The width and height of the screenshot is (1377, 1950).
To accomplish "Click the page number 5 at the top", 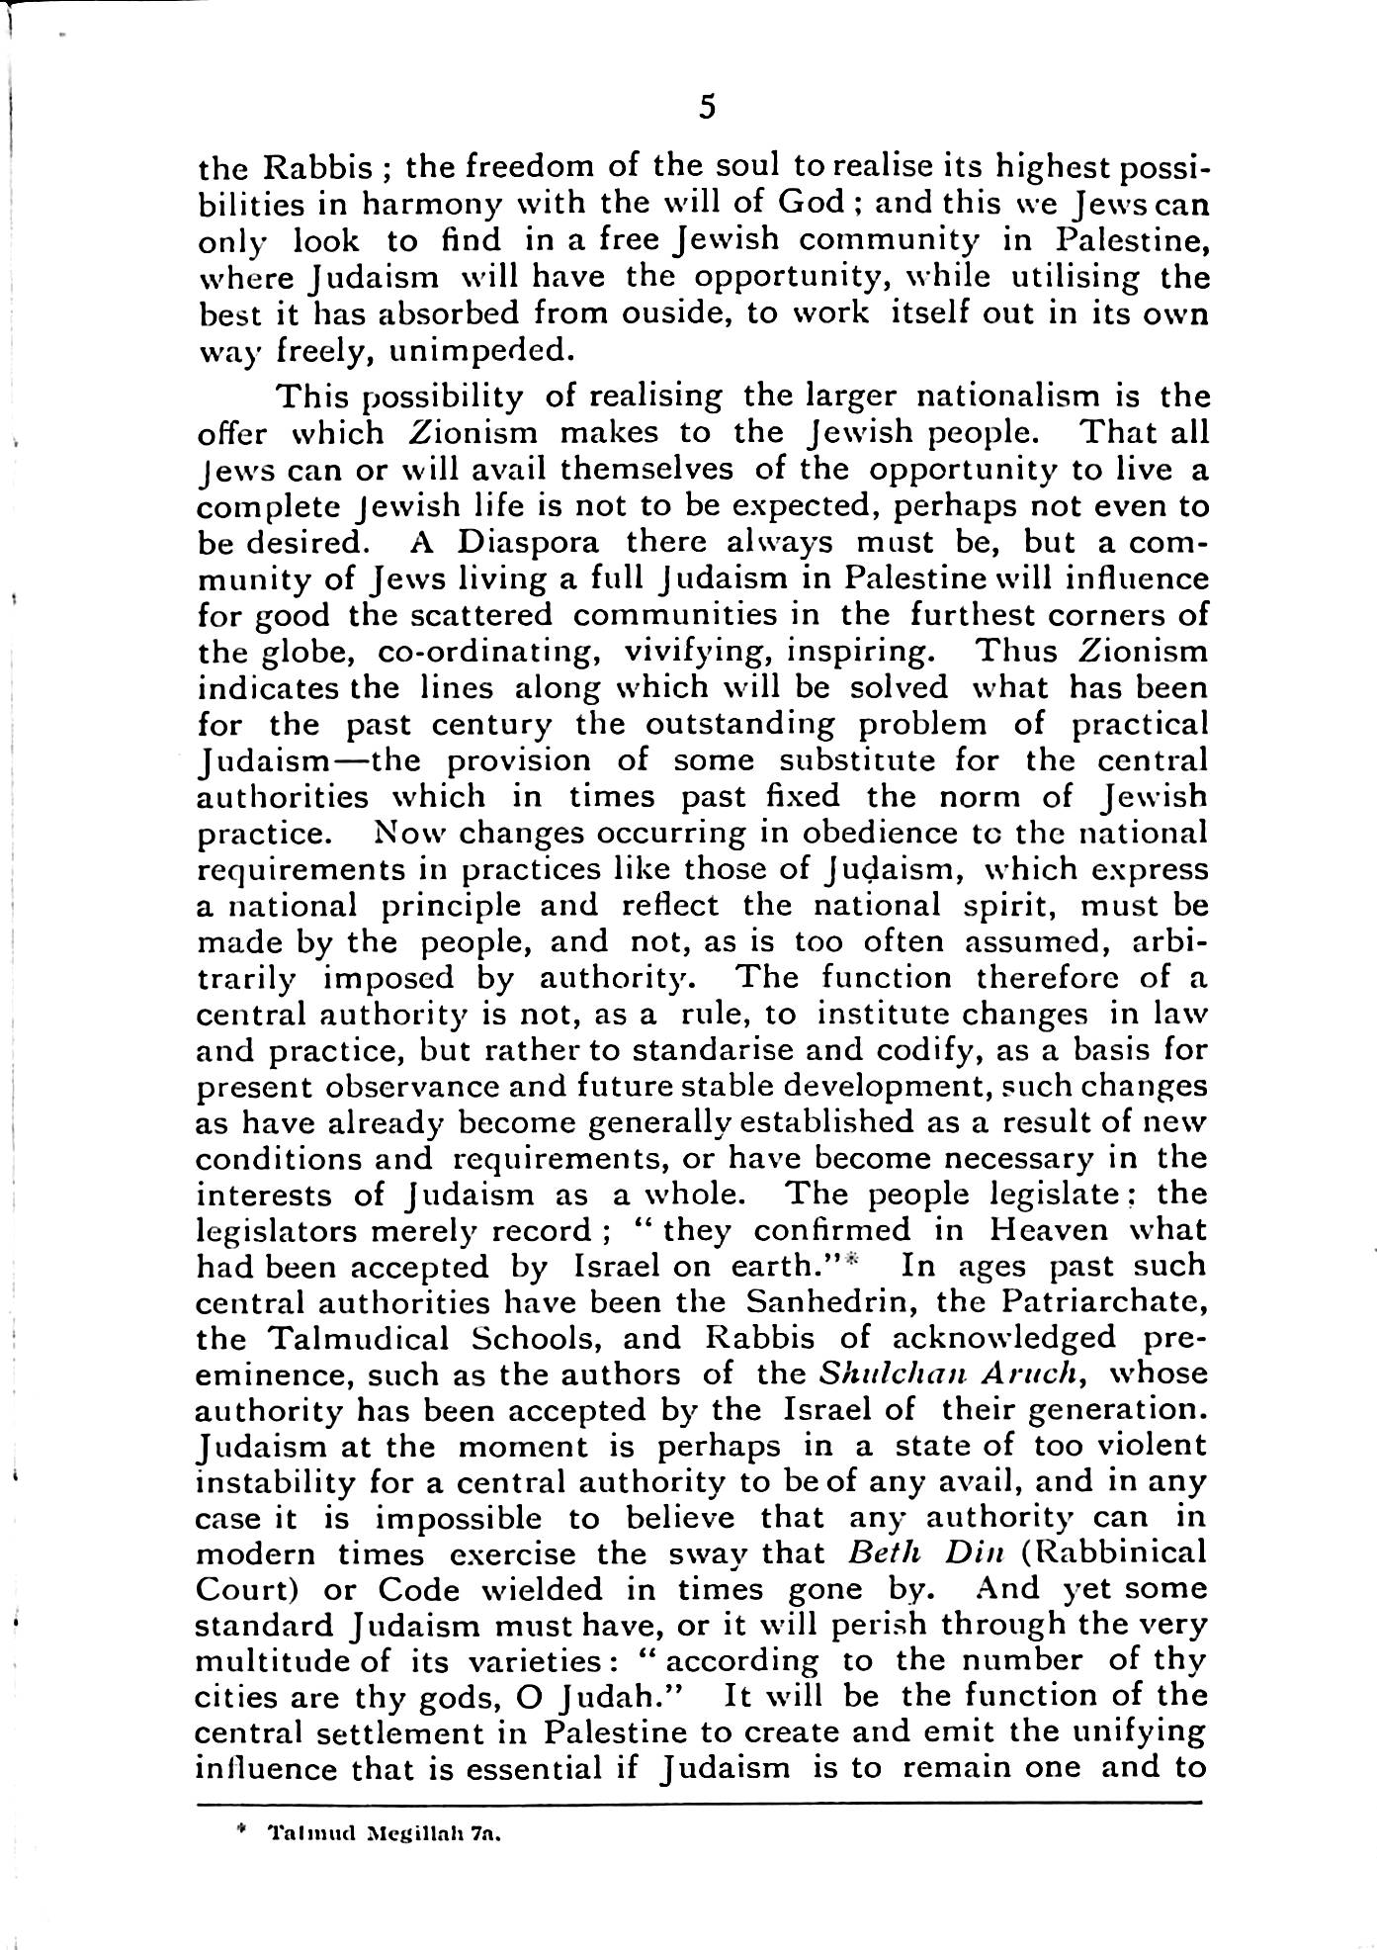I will pyautogui.click(x=706, y=107).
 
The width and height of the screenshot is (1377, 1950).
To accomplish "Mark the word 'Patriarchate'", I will pyautogui.click(x=1090, y=1302).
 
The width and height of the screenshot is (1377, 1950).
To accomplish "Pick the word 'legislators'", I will pyautogui.click(x=287, y=1231).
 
